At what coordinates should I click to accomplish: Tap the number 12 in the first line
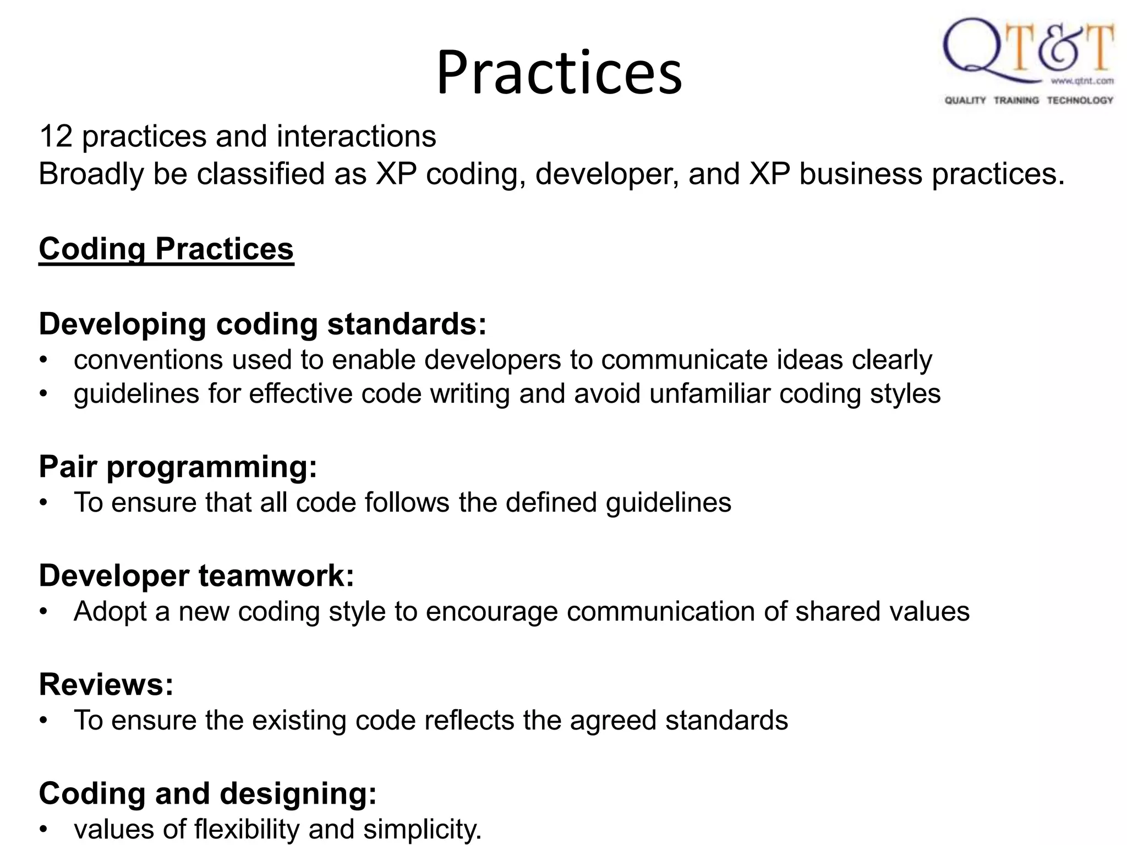click(56, 136)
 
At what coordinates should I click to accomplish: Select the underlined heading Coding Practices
click(166, 249)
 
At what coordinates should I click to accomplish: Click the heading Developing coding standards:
click(262, 323)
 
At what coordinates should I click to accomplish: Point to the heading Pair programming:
click(178, 467)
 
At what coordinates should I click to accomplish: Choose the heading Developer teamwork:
click(196, 575)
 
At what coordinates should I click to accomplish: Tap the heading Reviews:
click(106, 684)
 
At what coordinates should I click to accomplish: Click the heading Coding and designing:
click(207, 793)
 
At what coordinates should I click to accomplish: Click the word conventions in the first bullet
click(148, 360)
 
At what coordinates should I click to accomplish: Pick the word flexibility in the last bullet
click(247, 828)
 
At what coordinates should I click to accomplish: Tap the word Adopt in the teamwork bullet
click(110, 611)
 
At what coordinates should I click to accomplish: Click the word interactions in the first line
click(356, 136)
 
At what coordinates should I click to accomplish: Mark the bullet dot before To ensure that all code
click(44, 502)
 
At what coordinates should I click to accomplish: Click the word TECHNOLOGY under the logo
click(1080, 100)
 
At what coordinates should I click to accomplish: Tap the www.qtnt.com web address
click(1082, 81)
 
